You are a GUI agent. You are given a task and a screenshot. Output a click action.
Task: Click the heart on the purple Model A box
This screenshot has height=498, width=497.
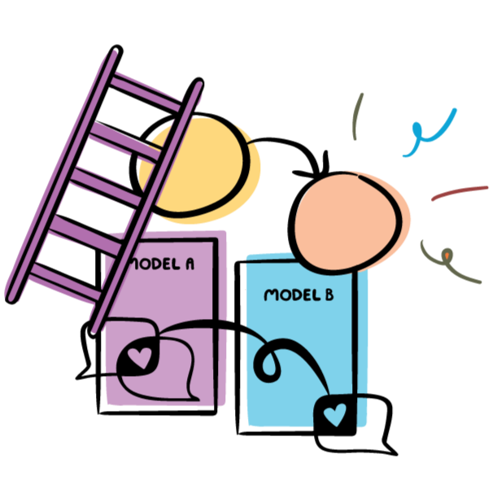click(x=140, y=356)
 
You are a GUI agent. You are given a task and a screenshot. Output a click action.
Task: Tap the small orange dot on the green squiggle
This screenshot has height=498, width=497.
click(x=446, y=259)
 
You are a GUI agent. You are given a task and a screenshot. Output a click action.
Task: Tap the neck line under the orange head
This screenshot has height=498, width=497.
click(x=312, y=256)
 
